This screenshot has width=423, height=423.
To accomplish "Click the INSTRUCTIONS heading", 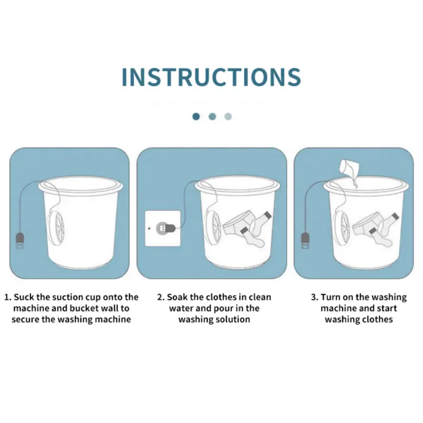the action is [211, 77].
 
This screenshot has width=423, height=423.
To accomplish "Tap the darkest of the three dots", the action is [196, 116].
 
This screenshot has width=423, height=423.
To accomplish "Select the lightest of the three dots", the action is [228, 116].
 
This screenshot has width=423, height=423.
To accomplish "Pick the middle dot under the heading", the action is [213, 116].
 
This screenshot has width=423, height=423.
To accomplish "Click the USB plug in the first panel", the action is [20, 241].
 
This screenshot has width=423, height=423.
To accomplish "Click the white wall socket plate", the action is [163, 228].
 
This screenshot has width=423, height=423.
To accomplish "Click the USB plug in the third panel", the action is [305, 240].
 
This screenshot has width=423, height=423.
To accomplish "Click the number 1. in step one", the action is [8, 297].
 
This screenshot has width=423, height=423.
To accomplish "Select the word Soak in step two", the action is [177, 297].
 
